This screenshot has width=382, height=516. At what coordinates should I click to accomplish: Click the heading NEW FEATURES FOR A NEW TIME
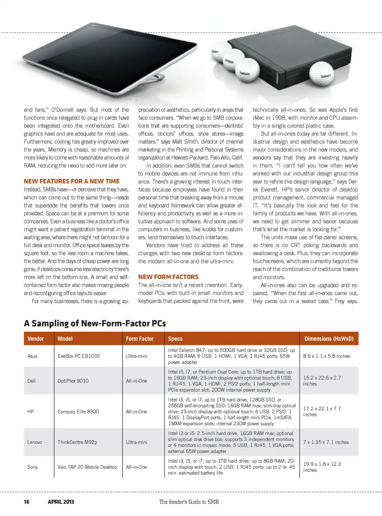click(x=72, y=181)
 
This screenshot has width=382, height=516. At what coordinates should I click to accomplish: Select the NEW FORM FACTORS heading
click(x=168, y=277)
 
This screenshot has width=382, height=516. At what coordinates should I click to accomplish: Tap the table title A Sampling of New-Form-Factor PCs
click(x=95, y=323)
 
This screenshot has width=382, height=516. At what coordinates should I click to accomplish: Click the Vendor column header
click(x=35, y=339)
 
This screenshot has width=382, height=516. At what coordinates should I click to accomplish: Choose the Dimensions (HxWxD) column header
click(x=329, y=339)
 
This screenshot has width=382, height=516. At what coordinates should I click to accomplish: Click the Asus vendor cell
click(x=33, y=356)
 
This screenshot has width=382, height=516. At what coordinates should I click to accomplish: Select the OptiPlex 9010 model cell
click(x=73, y=381)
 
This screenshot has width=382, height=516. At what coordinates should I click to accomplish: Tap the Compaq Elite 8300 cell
click(x=78, y=411)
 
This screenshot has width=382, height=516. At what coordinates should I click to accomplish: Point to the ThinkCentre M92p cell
click(x=77, y=442)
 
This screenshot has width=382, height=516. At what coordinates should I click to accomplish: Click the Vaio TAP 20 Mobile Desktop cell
click(x=87, y=467)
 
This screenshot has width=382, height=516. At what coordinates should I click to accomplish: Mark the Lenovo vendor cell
click(x=35, y=442)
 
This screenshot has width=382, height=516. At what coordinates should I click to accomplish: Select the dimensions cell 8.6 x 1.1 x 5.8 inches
click(x=326, y=356)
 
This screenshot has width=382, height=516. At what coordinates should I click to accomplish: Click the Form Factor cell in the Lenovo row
click(x=136, y=442)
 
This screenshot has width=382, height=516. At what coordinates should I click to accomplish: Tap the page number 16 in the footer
click(x=27, y=502)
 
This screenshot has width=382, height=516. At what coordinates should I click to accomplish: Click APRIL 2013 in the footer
click(x=61, y=502)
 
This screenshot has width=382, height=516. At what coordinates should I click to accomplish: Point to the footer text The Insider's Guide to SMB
click(x=189, y=502)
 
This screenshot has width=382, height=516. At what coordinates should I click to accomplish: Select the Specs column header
click(x=175, y=339)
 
